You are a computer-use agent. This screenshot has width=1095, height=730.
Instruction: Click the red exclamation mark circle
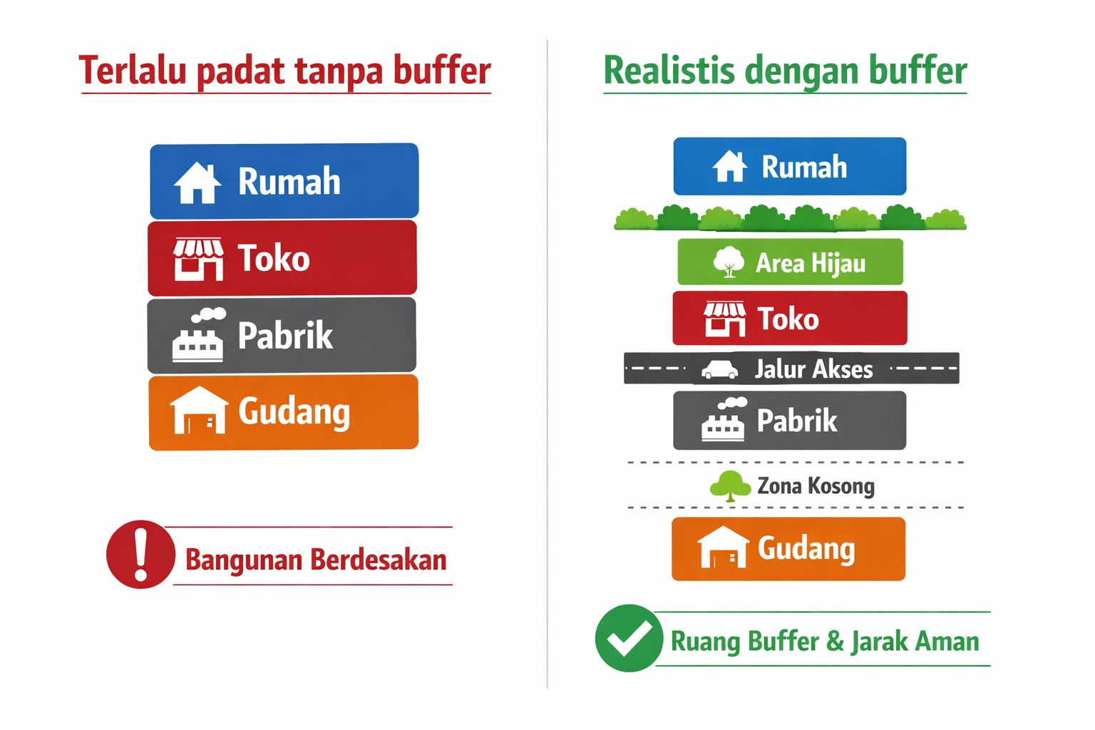(x=140, y=554)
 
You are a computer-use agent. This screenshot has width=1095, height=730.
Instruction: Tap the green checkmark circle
(x=628, y=638)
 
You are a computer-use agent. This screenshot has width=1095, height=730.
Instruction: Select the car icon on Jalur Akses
(x=719, y=369)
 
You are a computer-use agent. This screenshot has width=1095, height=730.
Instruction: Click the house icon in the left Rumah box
(x=197, y=183)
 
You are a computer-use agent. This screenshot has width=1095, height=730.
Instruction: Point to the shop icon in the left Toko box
(x=198, y=259)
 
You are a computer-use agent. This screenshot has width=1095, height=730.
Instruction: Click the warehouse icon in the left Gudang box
(x=199, y=411)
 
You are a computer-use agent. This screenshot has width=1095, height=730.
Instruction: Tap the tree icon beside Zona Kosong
(x=730, y=486)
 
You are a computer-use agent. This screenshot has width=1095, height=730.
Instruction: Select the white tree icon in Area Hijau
(x=729, y=262)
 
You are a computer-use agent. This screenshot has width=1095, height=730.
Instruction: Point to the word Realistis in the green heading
(x=669, y=71)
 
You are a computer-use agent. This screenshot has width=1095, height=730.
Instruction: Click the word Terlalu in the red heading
(x=133, y=71)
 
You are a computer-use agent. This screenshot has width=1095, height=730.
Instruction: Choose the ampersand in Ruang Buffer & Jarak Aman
(x=835, y=641)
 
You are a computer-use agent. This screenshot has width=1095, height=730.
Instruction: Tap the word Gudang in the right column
(x=806, y=549)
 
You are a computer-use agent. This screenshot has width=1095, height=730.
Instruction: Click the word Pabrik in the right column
(x=796, y=421)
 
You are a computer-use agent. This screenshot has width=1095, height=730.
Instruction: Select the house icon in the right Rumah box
(x=730, y=167)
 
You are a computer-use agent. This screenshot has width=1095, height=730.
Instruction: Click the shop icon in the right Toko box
(x=725, y=319)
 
